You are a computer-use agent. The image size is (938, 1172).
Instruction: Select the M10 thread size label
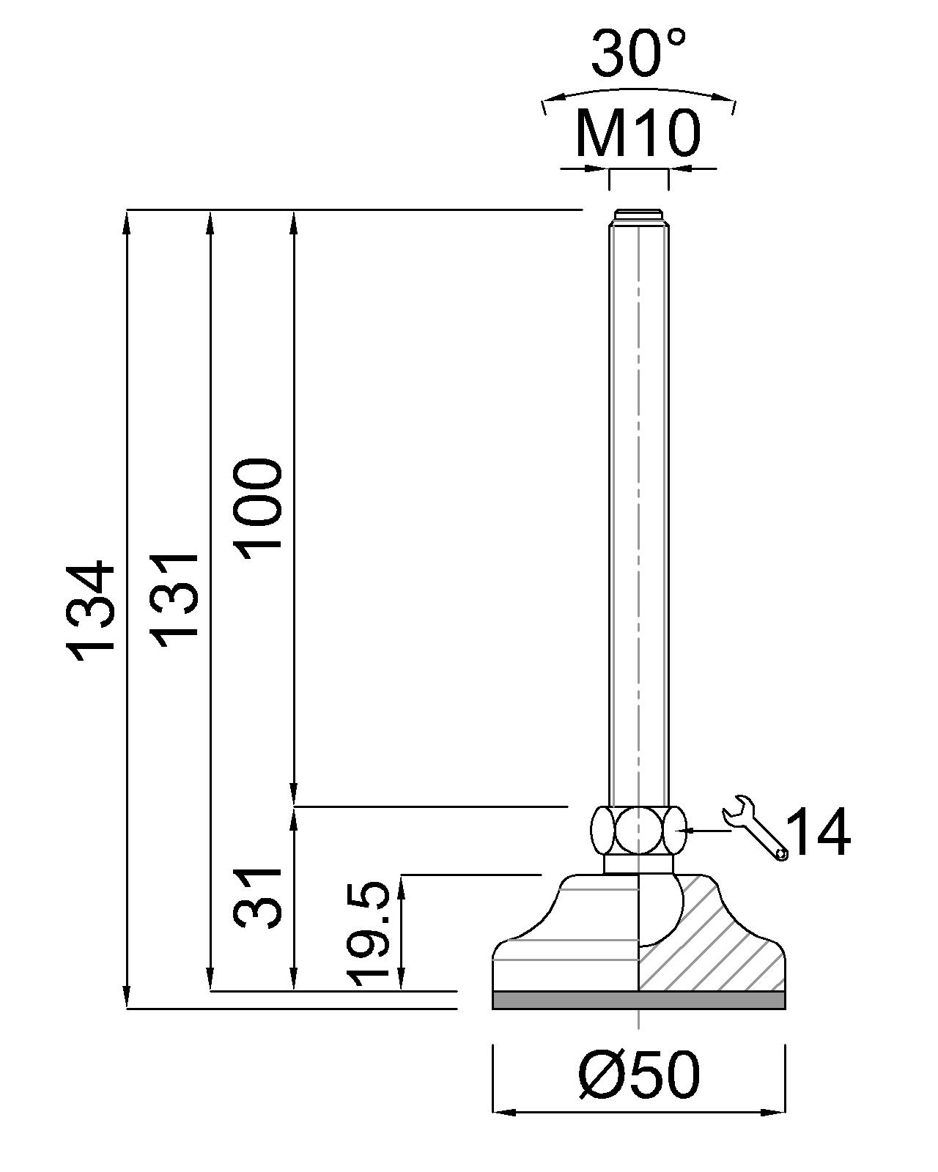point(638,133)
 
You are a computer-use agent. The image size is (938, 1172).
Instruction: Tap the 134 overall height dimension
point(90,610)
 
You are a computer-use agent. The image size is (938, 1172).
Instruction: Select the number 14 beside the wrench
point(819,831)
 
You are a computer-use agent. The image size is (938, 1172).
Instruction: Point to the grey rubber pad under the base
point(639,1000)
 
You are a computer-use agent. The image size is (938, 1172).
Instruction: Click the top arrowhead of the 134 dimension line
point(127,223)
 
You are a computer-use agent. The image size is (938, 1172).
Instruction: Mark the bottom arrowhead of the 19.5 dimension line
point(401,979)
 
